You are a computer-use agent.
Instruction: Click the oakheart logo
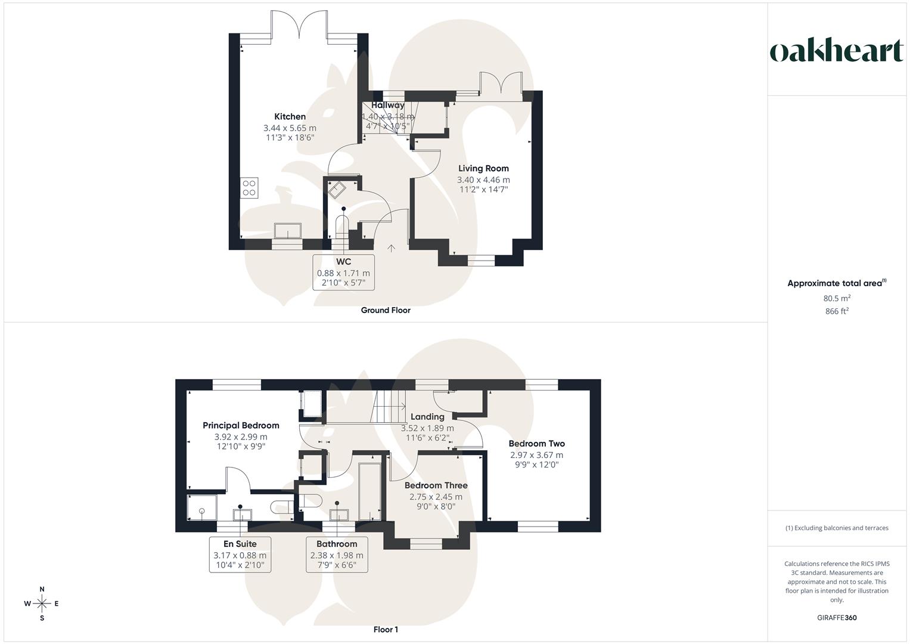tap(837, 51)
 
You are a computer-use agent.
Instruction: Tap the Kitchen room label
tap(290, 117)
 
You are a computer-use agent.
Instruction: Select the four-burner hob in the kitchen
tap(249, 188)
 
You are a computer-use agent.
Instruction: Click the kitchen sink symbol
tap(287, 230)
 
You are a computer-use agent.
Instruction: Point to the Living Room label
tap(483, 169)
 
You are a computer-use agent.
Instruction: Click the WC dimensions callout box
tap(344, 273)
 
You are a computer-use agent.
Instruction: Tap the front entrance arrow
tap(392, 248)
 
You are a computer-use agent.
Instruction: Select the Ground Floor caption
tap(386, 310)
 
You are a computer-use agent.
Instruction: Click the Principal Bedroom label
tap(241, 426)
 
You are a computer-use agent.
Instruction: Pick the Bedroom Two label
tap(536, 444)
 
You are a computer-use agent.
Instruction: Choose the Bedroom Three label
tap(436, 485)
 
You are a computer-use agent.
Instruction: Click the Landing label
tap(427, 417)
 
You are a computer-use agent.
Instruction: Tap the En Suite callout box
tap(240, 555)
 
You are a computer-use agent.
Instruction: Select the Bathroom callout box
tap(337, 555)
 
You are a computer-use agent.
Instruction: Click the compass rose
tap(42, 603)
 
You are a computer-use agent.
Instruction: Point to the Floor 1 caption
tap(386, 630)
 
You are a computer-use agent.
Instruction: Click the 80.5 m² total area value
tap(837, 298)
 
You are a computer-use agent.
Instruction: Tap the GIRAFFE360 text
tap(837, 618)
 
